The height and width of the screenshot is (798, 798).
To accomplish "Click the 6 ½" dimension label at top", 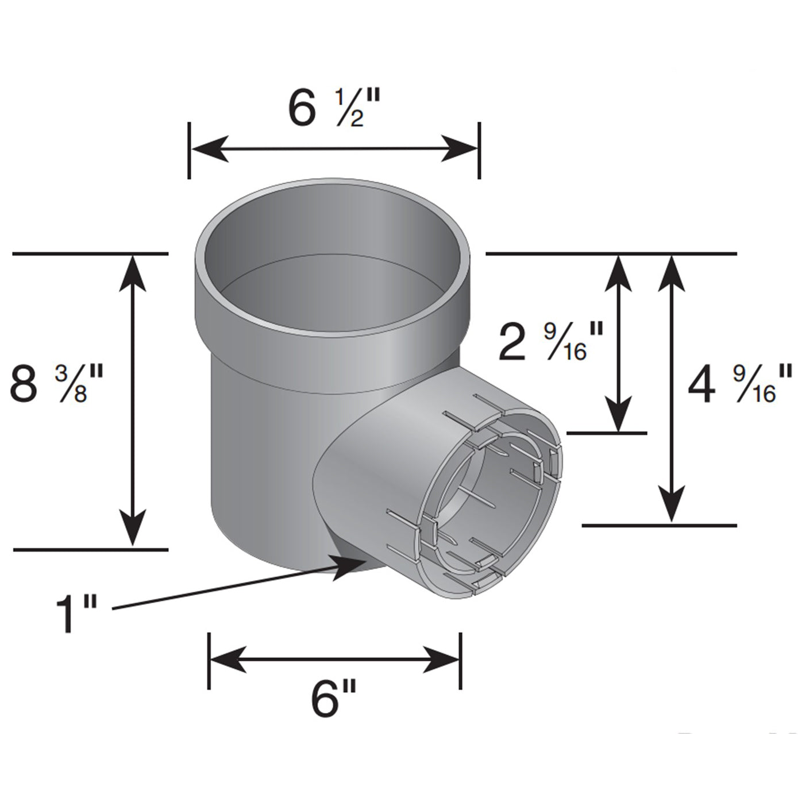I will pyautogui.click(x=334, y=109).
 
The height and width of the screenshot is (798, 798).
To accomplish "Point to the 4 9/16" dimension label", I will pyautogui.click(x=732, y=384).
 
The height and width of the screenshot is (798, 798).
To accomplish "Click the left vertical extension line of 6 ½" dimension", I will pyautogui.click(x=189, y=150).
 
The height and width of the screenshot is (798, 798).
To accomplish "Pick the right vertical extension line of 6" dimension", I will pyautogui.click(x=461, y=660).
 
